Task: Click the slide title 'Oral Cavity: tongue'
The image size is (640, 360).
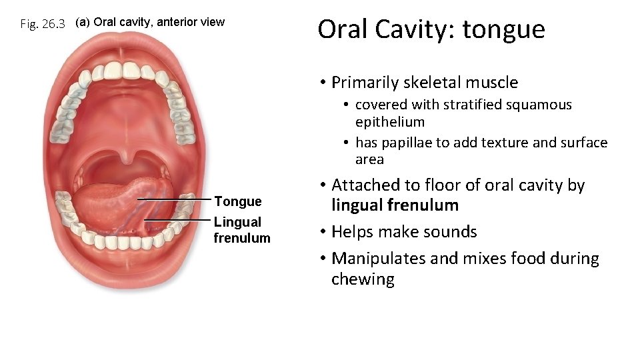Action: [431, 29]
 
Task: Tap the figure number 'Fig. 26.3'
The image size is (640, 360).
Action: [43, 24]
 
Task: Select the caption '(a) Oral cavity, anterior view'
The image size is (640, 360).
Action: [150, 22]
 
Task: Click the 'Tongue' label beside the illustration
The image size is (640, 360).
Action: [237, 201]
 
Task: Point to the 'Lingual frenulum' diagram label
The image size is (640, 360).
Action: [241, 230]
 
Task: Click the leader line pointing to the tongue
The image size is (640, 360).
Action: [175, 199]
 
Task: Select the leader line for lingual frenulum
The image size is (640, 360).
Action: [177, 220]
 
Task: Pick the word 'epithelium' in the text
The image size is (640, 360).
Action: [390, 122]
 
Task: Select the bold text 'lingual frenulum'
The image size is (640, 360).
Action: [395, 205]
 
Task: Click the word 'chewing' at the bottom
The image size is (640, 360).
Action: [363, 279]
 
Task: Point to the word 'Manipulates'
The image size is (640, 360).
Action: [378, 259]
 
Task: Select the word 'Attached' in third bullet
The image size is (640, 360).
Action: [363, 185]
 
